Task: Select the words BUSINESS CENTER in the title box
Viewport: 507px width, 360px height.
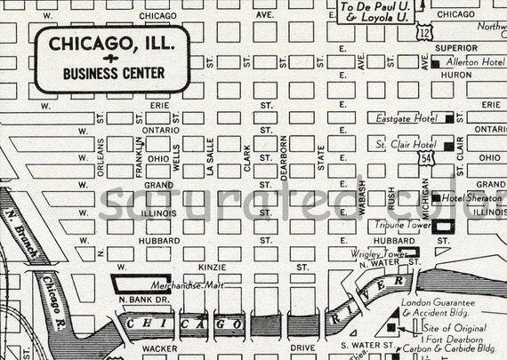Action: (x=106, y=73)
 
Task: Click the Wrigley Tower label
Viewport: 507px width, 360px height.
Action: (x=377, y=253)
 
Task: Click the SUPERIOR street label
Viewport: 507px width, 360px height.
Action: (x=455, y=48)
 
